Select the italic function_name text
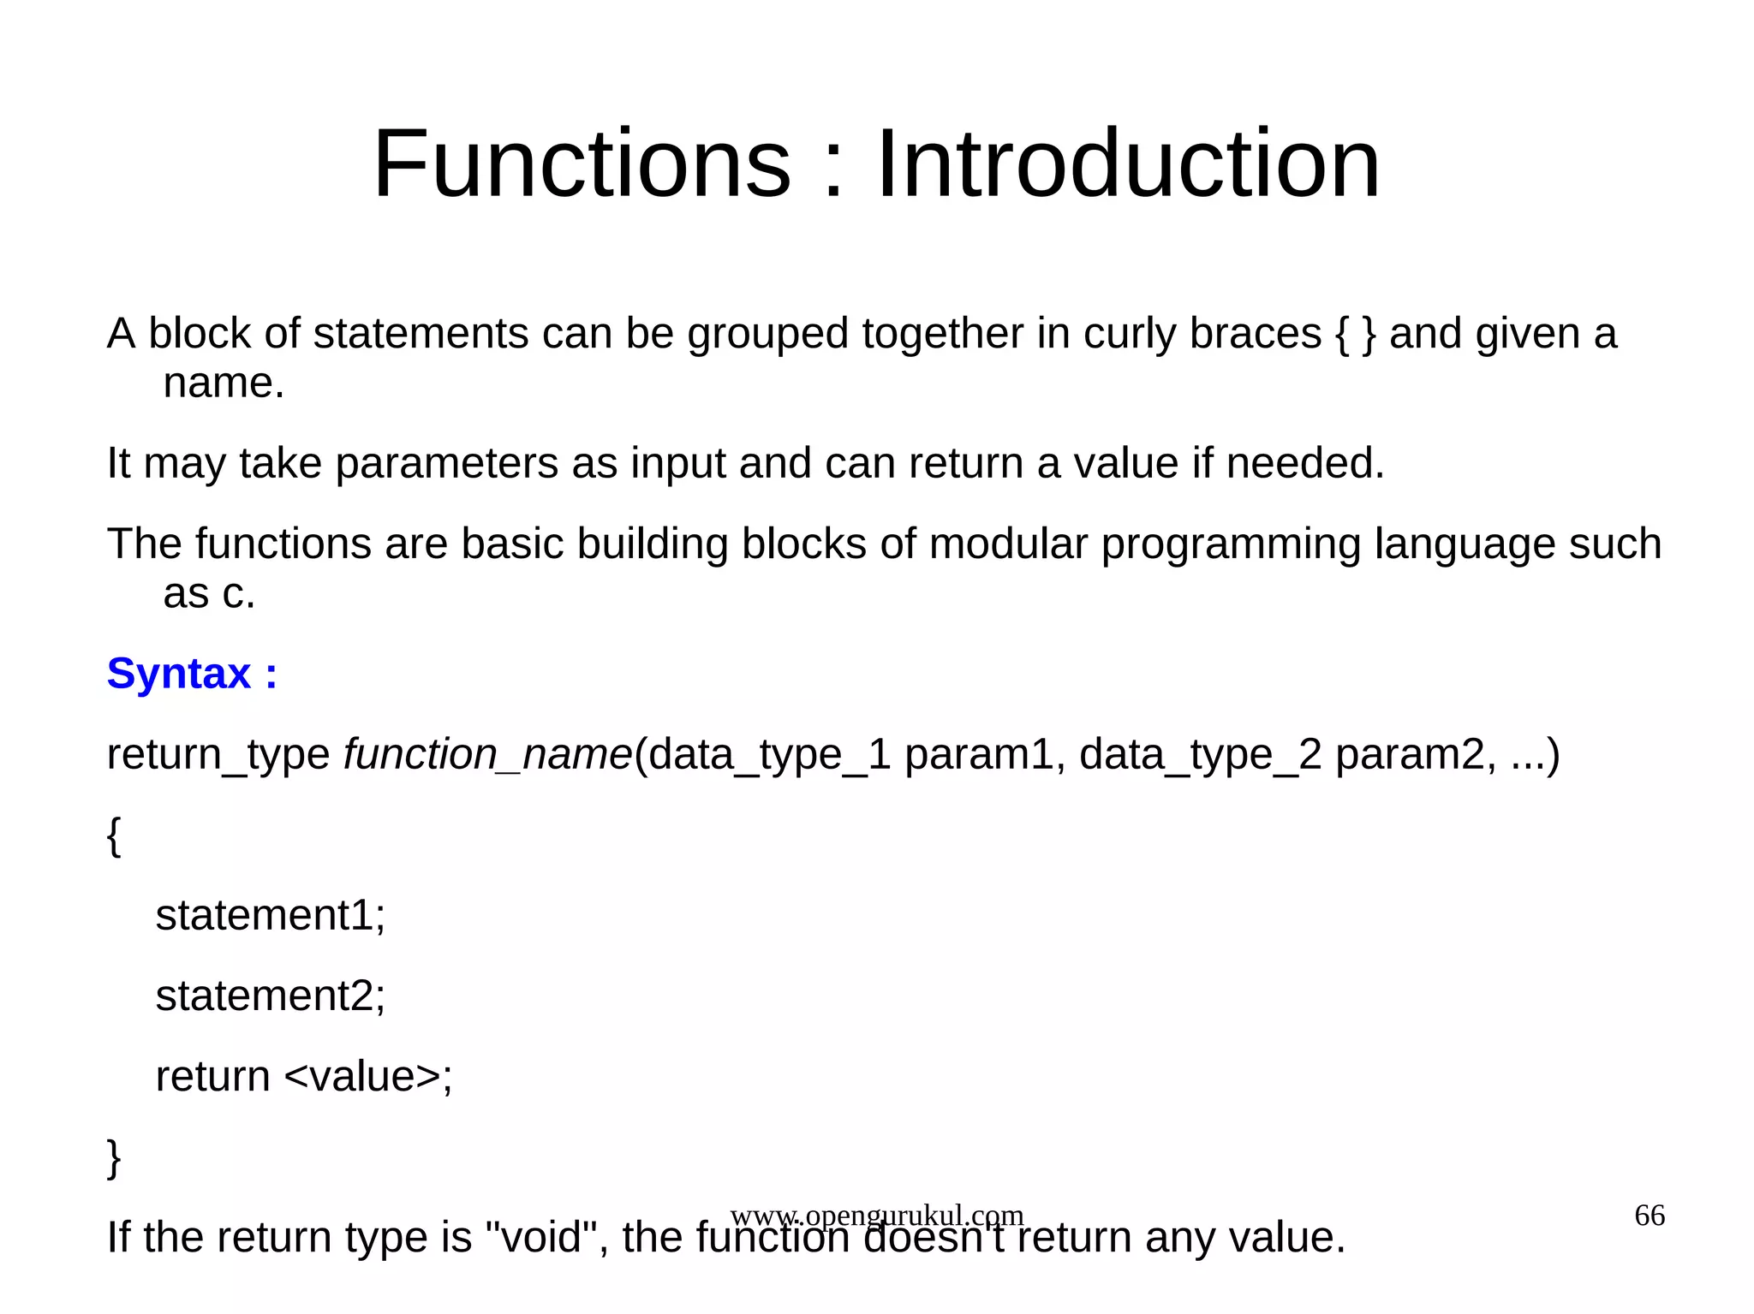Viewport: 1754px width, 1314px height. tap(487, 754)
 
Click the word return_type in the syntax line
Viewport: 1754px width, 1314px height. tap(218, 754)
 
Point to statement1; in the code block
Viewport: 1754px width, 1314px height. tap(271, 915)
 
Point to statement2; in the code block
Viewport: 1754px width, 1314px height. tap(271, 996)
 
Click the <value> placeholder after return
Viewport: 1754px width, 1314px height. tap(361, 1076)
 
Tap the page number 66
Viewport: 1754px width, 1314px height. tap(1650, 1216)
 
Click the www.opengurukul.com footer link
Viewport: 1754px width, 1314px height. tap(877, 1215)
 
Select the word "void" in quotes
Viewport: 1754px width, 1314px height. tap(541, 1237)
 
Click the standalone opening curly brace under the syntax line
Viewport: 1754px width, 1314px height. tap(114, 835)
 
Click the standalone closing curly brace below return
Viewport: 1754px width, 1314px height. tap(114, 1157)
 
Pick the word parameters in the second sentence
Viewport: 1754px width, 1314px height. tap(446, 463)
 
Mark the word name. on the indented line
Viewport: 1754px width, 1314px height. tap(224, 383)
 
